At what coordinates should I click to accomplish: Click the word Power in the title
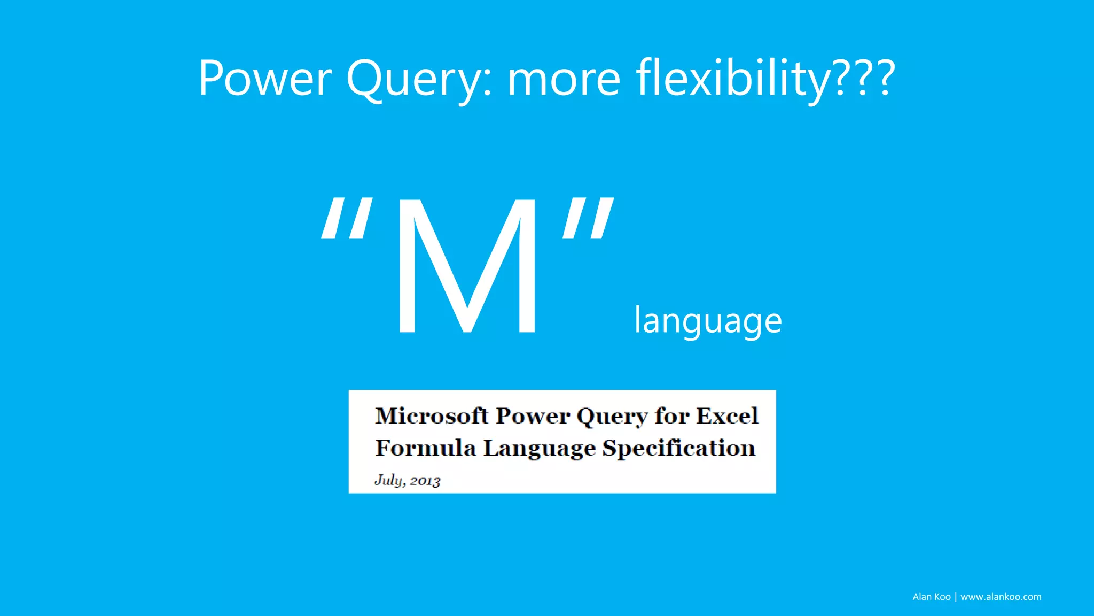pyautogui.click(x=265, y=79)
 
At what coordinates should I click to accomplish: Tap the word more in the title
pyautogui.click(x=564, y=79)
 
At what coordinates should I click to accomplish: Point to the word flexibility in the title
pyautogui.click(x=732, y=79)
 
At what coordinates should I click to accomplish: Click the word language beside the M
pyautogui.click(x=708, y=321)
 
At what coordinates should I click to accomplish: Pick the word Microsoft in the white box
pyautogui.click(x=432, y=416)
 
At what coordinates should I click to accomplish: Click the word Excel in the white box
pyautogui.click(x=727, y=416)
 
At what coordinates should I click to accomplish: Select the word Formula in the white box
pyautogui.click(x=425, y=448)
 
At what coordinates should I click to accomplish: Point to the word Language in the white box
pyautogui.click(x=539, y=448)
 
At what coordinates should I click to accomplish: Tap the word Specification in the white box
pyautogui.click(x=679, y=448)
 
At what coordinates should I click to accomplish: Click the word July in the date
pyautogui.click(x=389, y=480)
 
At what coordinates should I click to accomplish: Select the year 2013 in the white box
pyautogui.click(x=425, y=481)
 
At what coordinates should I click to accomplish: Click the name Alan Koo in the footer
pyautogui.click(x=931, y=597)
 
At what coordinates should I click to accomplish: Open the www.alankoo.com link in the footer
pyautogui.click(x=1001, y=597)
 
